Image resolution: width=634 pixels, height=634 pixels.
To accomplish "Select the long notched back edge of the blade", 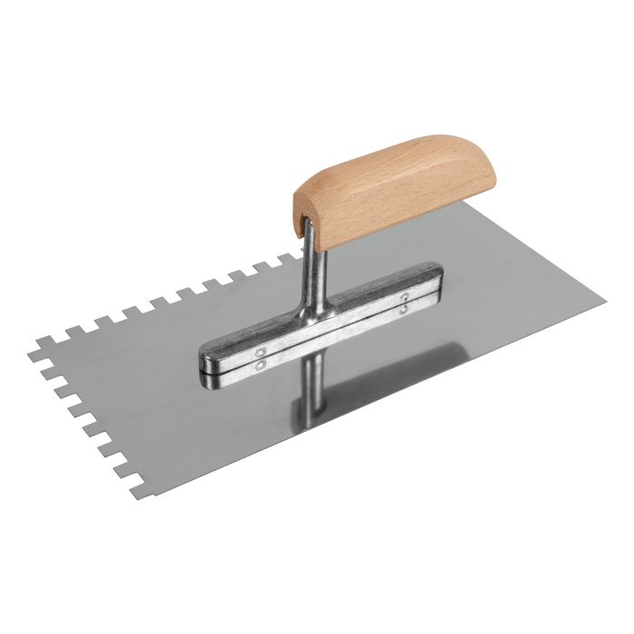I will click(163, 299).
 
